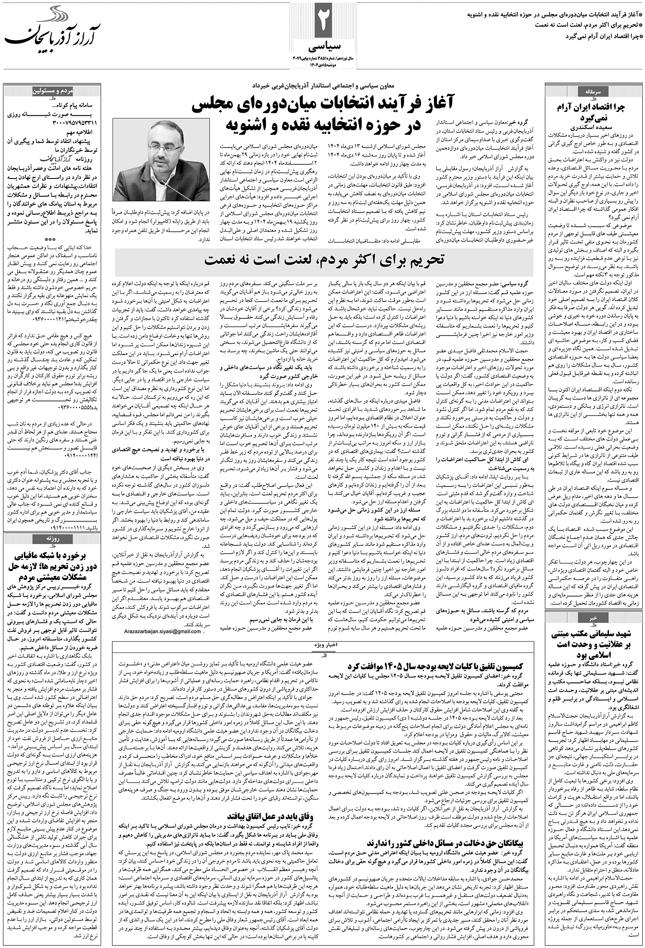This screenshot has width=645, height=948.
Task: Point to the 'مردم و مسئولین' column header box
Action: click(x=52, y=92)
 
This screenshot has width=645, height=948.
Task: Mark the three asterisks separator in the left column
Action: click(x=52, y=241)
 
